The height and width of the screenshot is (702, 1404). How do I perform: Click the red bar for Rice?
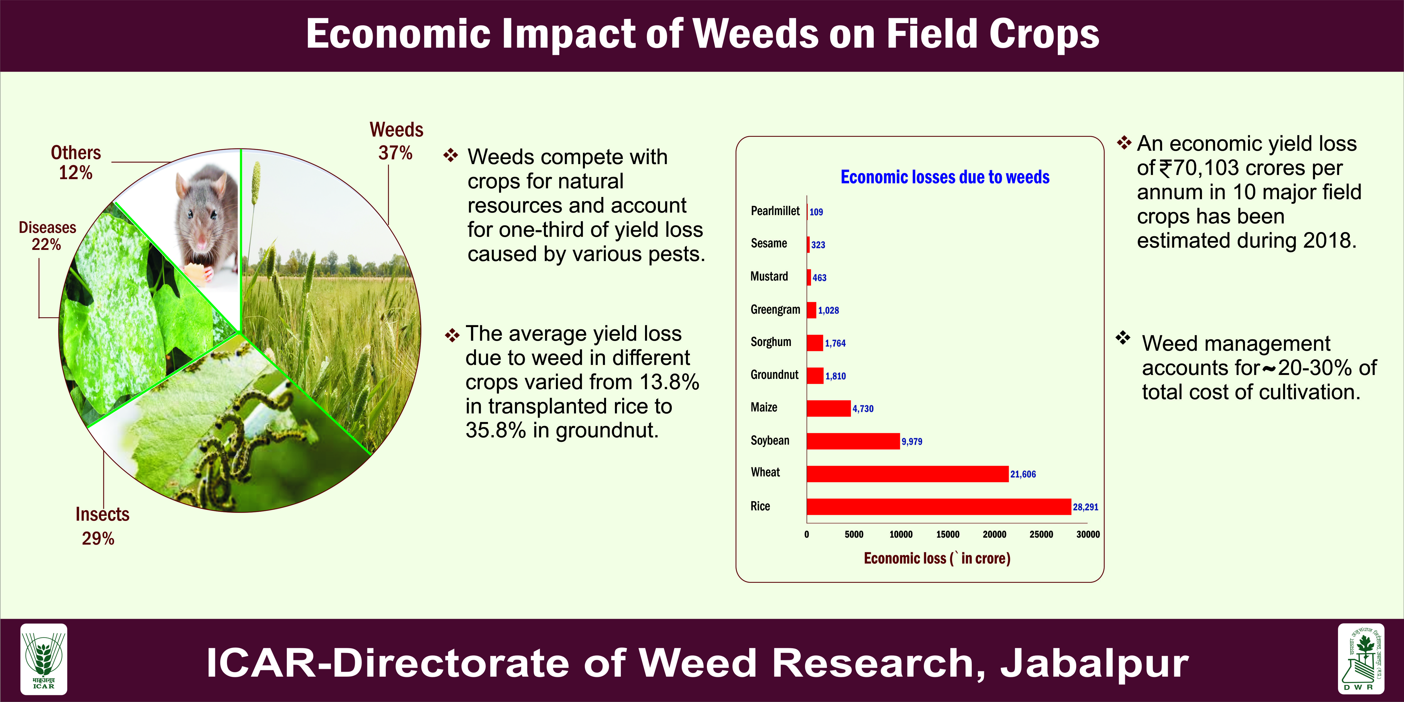939,506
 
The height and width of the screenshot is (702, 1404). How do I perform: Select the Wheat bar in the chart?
907,474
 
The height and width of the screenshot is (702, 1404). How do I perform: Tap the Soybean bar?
853,441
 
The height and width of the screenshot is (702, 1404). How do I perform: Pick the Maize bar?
829,408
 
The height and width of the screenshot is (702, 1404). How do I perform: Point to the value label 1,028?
829,310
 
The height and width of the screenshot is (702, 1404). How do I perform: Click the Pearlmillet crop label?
775,211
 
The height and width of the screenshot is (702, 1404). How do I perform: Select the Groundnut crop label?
775,374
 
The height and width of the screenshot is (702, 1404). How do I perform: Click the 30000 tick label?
1088,534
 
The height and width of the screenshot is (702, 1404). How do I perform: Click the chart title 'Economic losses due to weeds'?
945,177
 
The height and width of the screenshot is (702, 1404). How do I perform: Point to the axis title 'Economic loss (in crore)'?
937,558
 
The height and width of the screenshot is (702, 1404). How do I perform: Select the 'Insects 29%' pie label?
102,526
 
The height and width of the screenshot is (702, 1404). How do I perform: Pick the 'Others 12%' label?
76,162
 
